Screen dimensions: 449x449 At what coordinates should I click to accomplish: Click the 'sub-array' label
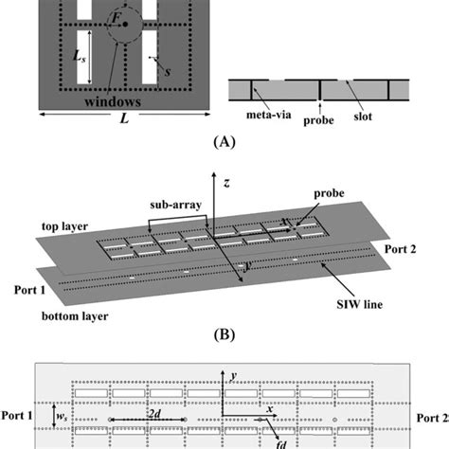pyautogui.click(x=171, y=204)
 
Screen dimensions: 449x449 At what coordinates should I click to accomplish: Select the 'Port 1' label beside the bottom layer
pyautogui.click(x=31, y=280)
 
